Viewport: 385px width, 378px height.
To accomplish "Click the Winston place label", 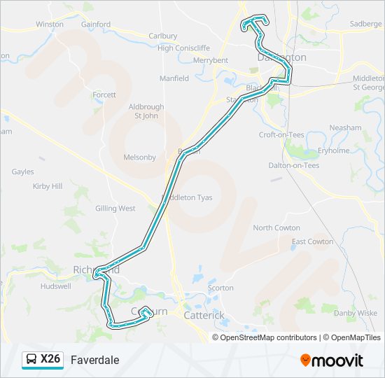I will pos(50,24).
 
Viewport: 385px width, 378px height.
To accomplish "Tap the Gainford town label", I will pos(96,24).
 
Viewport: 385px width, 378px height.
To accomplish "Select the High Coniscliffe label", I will pos(184,48).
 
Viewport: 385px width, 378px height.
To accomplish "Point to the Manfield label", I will pos(174,78).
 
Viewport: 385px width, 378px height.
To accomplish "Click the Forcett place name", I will pos(104,94).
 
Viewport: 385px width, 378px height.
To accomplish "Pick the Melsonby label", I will pos(140,157).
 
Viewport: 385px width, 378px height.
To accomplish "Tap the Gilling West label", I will pos(115,209).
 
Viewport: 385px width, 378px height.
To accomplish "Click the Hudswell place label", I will pos(56,286).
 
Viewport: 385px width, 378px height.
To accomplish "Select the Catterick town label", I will pos(204,316).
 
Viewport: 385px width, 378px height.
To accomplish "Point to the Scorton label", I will pos(220,288).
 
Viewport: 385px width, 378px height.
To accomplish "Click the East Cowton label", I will pos(312,241).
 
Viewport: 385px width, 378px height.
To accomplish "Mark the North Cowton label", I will pos(276,228).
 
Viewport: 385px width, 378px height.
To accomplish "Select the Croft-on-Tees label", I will pos(281,134).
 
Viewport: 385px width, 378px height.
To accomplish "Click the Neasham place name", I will pos(346,128).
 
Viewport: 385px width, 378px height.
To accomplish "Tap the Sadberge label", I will pos(366,23).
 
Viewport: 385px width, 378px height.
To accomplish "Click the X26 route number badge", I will pos(43,360).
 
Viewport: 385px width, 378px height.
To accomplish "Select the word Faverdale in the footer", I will pos(95,360).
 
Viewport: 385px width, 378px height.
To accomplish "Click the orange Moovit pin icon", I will pos(306,360).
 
